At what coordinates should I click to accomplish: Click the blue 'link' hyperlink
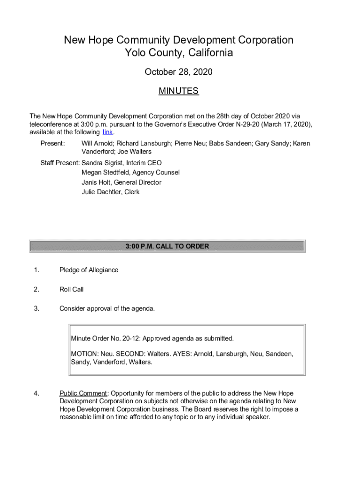pyautogui.click(x=108, y=132)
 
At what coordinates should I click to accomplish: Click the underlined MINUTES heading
pyautogui.click(x=179, y=91)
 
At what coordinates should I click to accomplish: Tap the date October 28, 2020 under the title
pyautogui.click(x=179, y=72)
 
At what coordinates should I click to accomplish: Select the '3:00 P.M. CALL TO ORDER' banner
pyautogui.click(x=167, y=246)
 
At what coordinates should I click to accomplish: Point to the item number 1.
pyautogui.click(x=36, y=270)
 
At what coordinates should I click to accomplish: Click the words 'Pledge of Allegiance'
pyautogui.click(x=89, y=270)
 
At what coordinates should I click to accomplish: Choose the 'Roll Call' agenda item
pyautogui.click(x=72, y=290)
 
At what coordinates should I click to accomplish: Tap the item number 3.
pyautogui.click(x=36, y=309)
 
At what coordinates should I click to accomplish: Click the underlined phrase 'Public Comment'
pyautogui.click(x=83, y=393)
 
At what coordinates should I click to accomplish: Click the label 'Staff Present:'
pyautogui.click(x=60, y=163)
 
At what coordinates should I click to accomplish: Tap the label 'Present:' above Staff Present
pyautogui.click(x=52, y=144)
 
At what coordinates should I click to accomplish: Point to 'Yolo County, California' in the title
pyautogui.click(x=179, y=53)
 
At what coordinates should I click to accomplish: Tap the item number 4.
pyautogui.click(x=36, y=393)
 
